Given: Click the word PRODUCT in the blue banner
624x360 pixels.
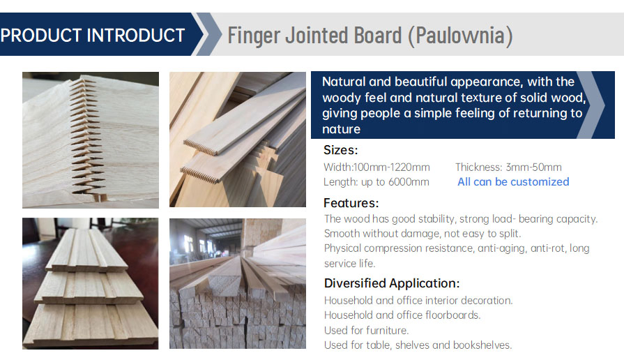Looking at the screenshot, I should [43, 34].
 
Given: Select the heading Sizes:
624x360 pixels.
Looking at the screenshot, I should [340, 150].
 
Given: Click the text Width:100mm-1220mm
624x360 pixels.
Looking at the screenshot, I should [376, 167].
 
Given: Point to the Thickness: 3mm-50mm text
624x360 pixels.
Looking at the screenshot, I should [508, 167].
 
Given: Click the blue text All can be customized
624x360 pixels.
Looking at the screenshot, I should [513, 182].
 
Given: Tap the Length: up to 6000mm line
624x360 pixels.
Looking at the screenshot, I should [376, 182].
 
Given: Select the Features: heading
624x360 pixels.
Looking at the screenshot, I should [351, 203].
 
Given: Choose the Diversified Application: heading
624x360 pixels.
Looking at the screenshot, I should [391, 283].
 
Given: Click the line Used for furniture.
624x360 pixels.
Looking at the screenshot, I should [366, 330].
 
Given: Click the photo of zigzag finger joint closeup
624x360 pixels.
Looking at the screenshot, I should [91, 140].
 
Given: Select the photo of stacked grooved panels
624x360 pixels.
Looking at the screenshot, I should [91, 283].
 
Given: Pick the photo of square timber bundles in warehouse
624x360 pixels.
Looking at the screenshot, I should [237, 283].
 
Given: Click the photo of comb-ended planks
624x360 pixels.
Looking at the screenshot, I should [237, 140].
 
